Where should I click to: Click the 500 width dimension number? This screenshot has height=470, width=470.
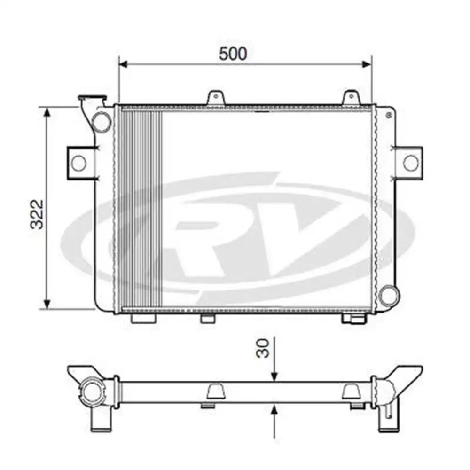pos(233,54)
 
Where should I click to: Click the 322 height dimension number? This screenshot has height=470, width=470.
pos(37,214)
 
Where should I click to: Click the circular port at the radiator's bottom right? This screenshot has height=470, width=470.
pos(390,295)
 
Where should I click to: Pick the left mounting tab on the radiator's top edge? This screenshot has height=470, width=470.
pos(216,97)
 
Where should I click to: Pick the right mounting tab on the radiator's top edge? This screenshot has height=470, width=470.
pos(351,97)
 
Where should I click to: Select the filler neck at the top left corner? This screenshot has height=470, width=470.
pos(92,101)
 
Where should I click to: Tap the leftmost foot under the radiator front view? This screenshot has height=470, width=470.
pos(143,319)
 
